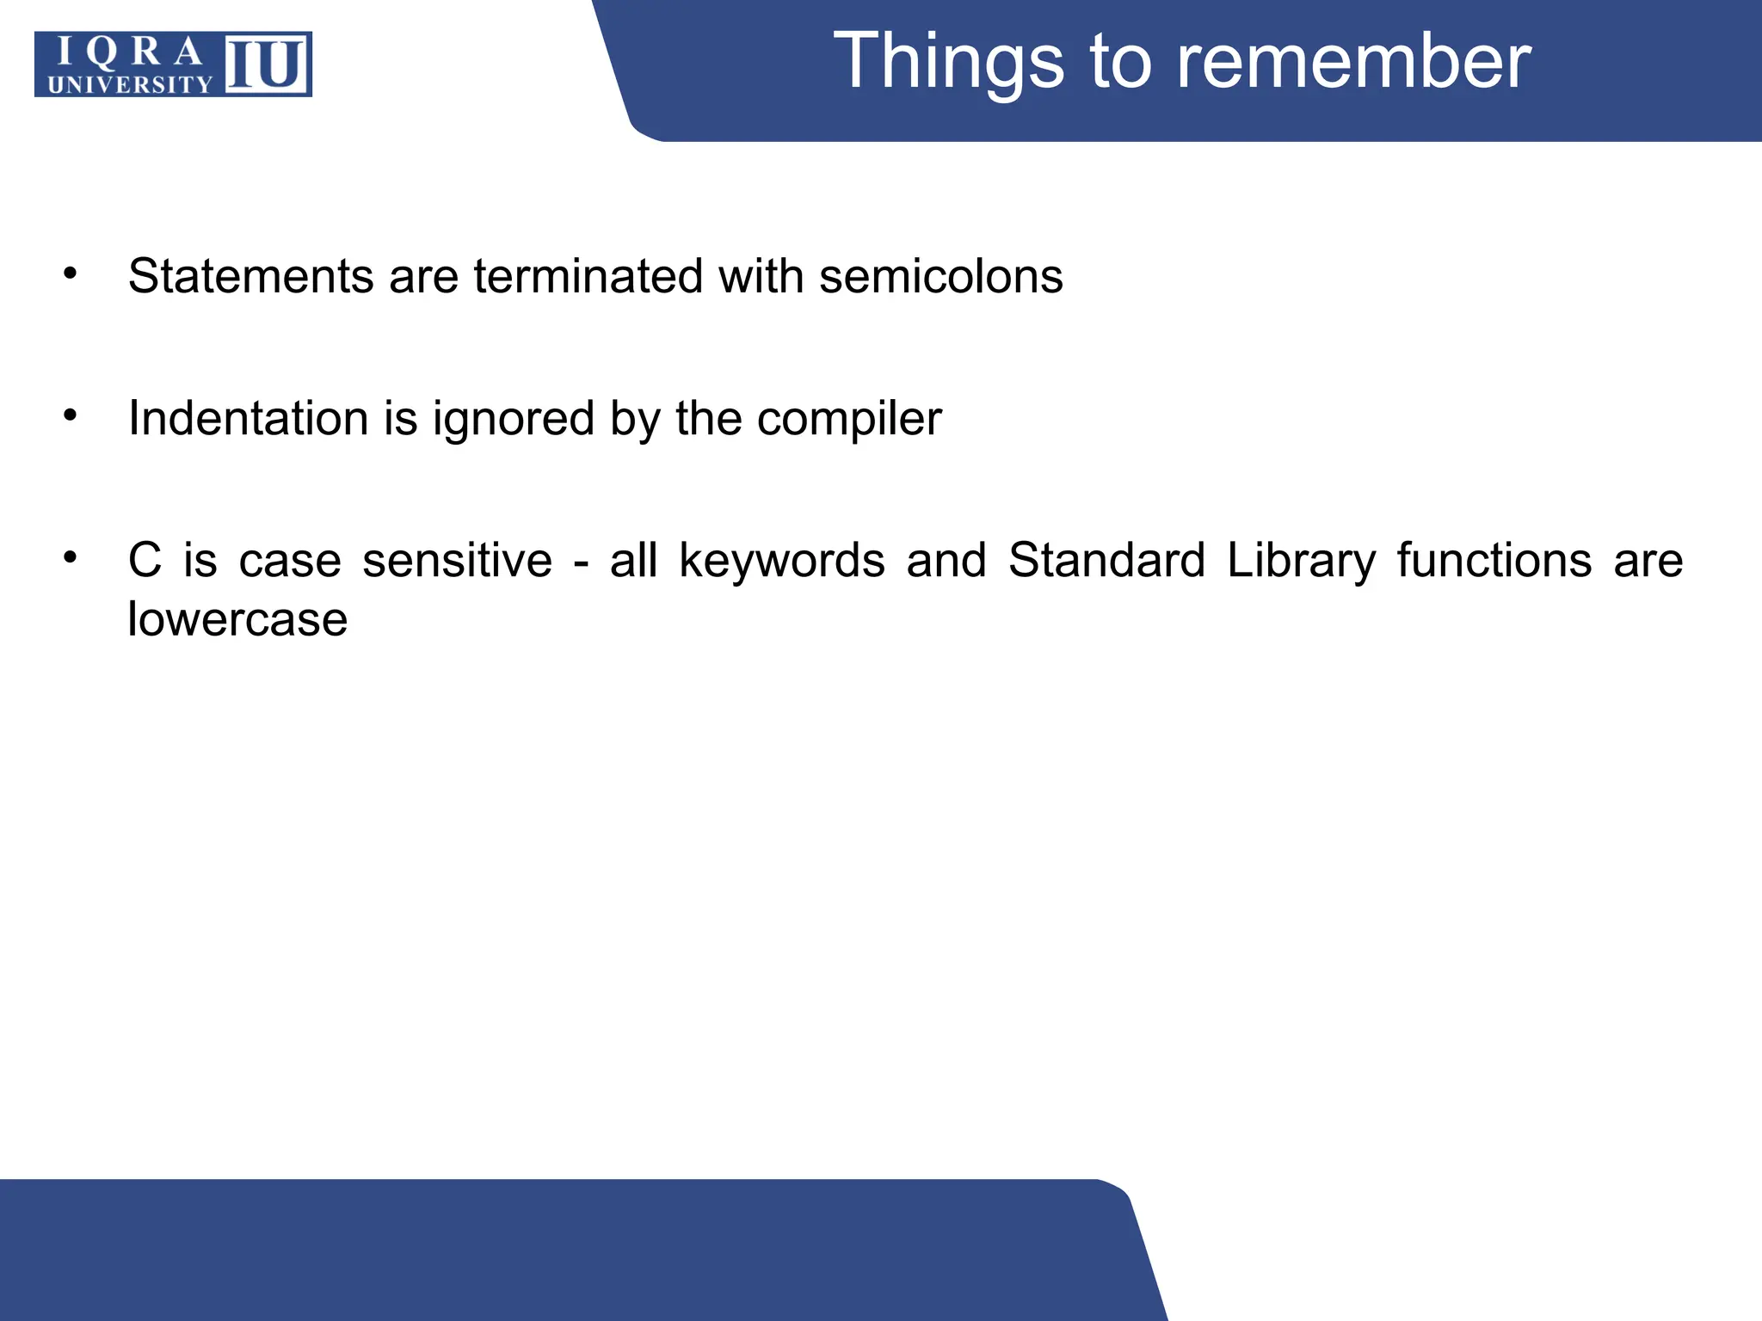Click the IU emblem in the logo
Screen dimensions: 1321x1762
[x=267, y=65]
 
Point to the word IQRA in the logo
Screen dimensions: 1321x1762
[x=129, y=52]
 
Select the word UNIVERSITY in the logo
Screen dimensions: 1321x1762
[x=130, y=84]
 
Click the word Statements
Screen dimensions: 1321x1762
[x=250, y=277]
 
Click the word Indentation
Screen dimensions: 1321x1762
[x=249, y=419]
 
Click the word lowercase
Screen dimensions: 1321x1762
[x=237, y=618]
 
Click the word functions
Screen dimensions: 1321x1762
[x=1494, y=561]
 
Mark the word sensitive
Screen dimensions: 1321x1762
[x=457, y=561]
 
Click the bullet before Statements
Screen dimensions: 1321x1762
[x=71, y=274]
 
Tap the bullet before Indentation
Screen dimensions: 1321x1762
[x=71, y=416]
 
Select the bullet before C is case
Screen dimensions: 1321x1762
[x=71, y=558]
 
